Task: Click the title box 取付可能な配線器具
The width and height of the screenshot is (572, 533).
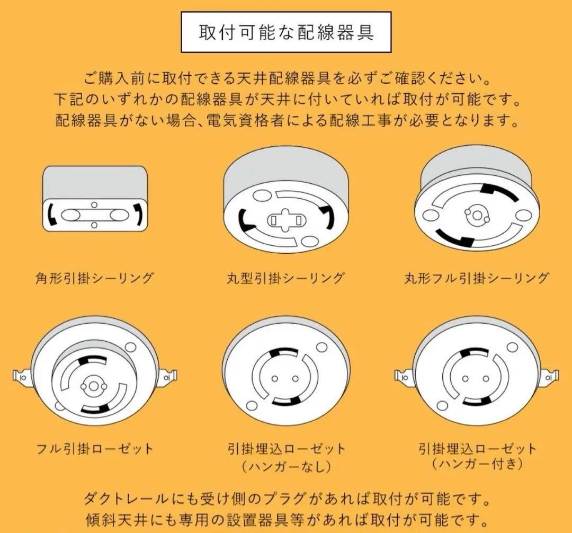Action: (x=286, y=32)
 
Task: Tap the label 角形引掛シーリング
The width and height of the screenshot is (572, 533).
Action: (x=94, y=278)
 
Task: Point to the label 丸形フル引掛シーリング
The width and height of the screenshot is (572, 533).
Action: (x=476, y=278)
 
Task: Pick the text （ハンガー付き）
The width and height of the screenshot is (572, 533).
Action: (x=477, y=464)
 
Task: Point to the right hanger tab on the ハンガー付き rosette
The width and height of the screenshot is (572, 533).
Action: (x=551, y=377)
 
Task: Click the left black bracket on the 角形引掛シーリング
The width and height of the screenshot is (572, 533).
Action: (x=51, y=214)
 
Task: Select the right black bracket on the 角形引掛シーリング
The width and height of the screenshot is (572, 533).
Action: (x=138, y=214)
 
